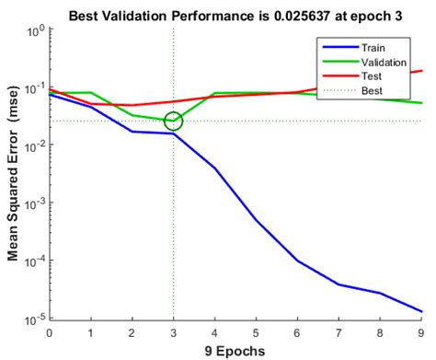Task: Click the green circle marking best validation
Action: pyautogui.click(x=173, y=121)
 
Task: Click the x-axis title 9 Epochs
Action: pyautogui.click(x=235, y=350)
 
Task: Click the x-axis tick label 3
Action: pyautogui.click(x=173, y=331)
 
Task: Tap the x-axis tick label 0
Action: pyautogui.click(x=50, y=331)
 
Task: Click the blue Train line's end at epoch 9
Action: pyautogui.click(x=421, y=311)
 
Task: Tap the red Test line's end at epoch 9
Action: pyautogui.click(x=421, y=71)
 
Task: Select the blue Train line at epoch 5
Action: pyautogui.click(x=257, y=220)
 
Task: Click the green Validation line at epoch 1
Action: pyautogui.click(x=91, y=93)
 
